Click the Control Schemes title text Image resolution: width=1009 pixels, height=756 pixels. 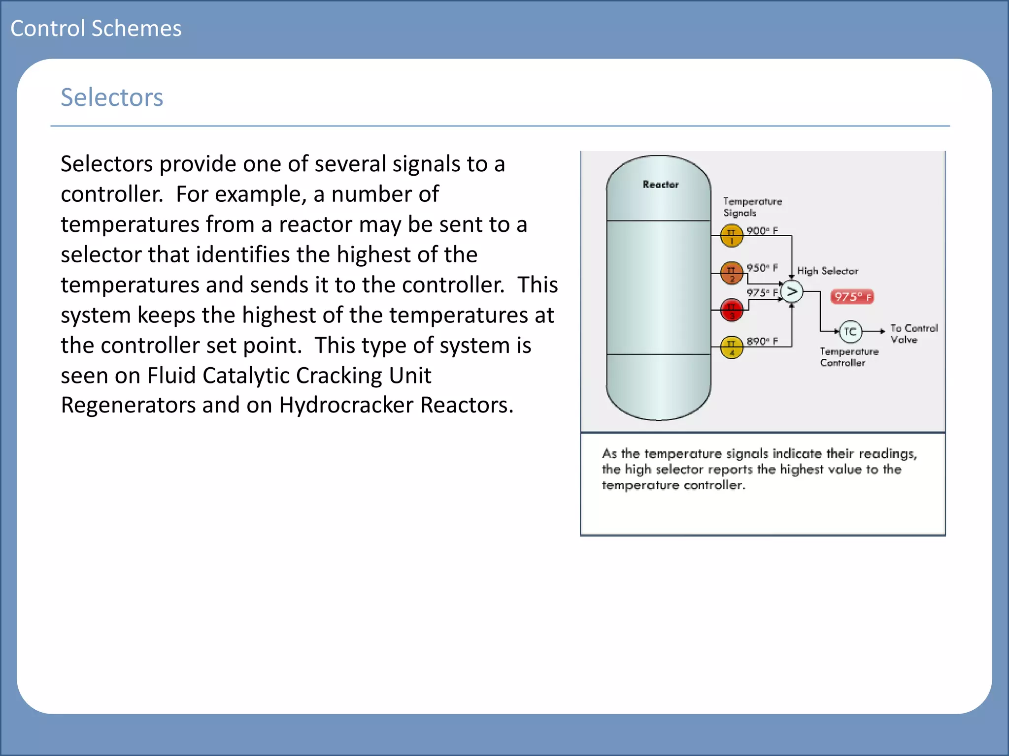[x=96, y=29]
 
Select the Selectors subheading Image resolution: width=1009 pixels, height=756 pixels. [x=112, y=97]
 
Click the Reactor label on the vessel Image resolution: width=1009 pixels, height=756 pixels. [x=660, y=185]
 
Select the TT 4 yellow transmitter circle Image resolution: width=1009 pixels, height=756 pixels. [x=732, y=347]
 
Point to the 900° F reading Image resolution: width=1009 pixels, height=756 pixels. [x=762, y=231]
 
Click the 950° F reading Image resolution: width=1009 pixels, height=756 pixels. [x=762, y=268]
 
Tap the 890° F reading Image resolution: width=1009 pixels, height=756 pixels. [x=762, y=342]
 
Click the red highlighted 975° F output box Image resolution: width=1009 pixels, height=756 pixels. [x=852, y=297]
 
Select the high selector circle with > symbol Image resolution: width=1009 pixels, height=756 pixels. [x=792, y=292]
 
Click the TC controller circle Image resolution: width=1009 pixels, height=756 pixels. [x=850, y=332]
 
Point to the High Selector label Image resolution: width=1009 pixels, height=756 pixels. [x=827, y=271]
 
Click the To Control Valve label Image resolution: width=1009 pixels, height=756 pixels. [x=913, y=334]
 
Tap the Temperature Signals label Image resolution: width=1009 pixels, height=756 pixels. [x=752, y=207]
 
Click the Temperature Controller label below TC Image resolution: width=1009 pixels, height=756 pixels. [x=848, y=357]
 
